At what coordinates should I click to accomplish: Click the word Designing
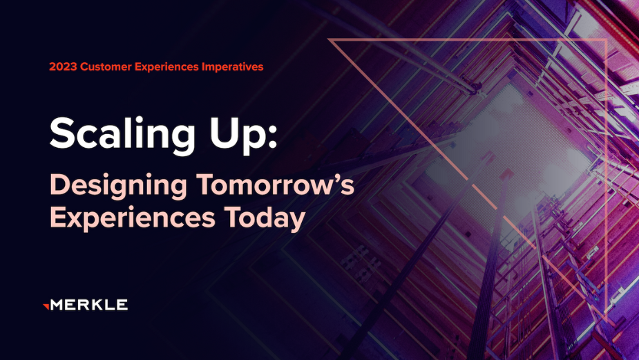111,186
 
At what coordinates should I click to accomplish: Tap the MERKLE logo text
90,305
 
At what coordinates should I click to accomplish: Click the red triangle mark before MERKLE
46,304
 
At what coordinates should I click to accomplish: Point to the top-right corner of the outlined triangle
606,39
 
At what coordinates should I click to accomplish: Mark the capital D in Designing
61,184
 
